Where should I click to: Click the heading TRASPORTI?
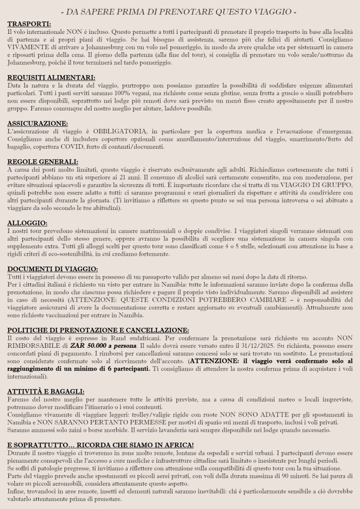point(29,24)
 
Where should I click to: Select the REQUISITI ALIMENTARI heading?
point(51,77)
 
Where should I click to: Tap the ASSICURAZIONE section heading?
point(38,123)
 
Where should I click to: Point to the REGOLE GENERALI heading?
point(43,162)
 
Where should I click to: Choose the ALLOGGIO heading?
point(27,223)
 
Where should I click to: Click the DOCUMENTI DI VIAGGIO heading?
point(53,269)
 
